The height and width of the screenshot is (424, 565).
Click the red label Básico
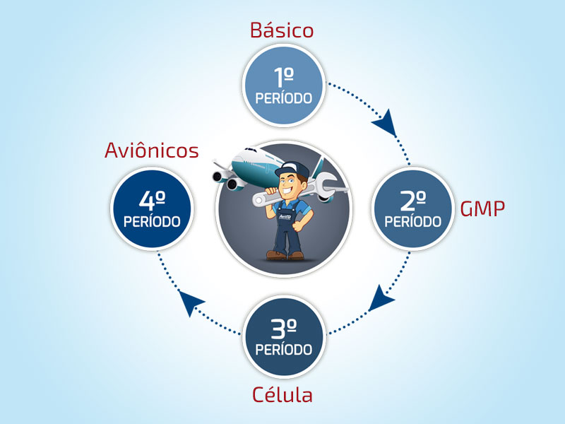(x=282, y=30)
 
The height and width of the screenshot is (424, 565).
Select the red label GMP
(x=482, y=208)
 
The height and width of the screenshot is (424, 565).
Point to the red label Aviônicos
(x=152, y=150)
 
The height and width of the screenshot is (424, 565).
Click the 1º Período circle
(x=284, y=86)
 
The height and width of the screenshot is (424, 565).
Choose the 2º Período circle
(x=413, y=208)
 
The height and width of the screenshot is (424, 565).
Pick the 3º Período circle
(x=284, y=337)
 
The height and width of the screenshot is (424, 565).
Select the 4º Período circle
(x=152, y=208)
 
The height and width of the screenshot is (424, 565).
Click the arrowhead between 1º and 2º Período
(x=386, y=123)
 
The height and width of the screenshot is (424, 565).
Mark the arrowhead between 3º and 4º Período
(x=190, y=302)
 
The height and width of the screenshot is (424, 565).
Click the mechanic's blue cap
(x=293, y=169)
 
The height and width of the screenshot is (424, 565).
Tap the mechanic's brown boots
(x=285, y=255)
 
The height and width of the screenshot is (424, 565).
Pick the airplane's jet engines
(x=230, y=180)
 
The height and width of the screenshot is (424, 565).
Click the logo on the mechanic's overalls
(x=285, y=216)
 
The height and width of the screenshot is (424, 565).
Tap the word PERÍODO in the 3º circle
(x=284, y=349)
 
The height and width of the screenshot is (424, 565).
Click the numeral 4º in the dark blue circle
(x=152, y=200)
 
